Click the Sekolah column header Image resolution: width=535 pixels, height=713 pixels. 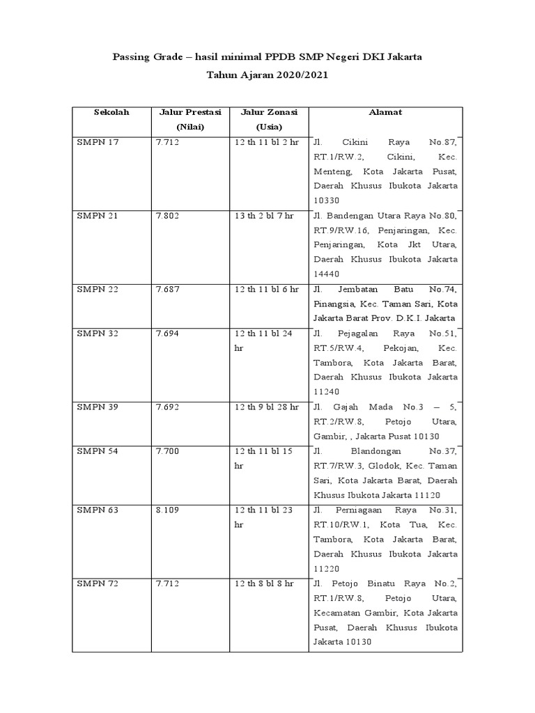click(x=111, y=112)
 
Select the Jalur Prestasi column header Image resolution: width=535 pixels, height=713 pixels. click(x=190, y=119)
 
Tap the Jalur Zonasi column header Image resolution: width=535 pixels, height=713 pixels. click(x=269, y=119)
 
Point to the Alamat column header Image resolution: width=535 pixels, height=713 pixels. click(x=385, y=112)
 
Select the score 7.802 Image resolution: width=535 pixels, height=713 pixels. click(x=168, y=216)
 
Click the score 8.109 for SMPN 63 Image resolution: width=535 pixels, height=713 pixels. click(x=168, y=510)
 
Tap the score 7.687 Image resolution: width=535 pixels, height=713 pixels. click(x=168, y=289)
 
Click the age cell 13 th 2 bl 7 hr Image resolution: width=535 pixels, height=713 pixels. click(x=265, y=216)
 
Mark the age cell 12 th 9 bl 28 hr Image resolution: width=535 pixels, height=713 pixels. click(x=267, y=407)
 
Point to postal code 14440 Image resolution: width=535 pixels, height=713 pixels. click(x=327, y=274)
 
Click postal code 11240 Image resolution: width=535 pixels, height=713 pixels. click(x=327, y=392)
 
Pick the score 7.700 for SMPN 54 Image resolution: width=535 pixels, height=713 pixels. click(x=168, y=451)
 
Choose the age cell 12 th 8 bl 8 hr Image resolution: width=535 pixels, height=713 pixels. click(x=265, y=583)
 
